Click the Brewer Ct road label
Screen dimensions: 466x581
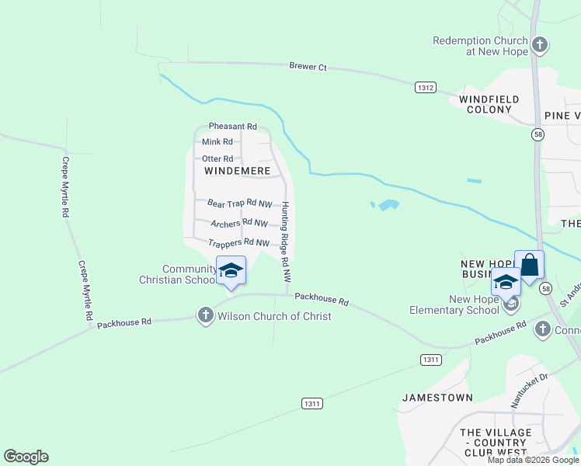click(308, 68)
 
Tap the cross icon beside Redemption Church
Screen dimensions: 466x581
click(541, 45)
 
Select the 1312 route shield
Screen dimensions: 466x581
click(425, 88)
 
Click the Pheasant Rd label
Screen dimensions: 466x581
click(232, 127)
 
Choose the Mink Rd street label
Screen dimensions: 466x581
click(217, 142)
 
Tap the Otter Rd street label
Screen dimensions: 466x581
click(217, 158)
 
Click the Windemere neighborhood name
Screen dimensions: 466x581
click(237, 170)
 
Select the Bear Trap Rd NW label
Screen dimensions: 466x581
click(239, 203)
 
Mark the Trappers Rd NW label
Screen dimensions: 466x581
click(239, 242)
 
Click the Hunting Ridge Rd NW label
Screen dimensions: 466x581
click(286, 242)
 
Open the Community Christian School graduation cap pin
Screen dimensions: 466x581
click(231, 271)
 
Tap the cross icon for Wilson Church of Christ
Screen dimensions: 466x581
click(205, 315)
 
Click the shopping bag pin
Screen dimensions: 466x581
click(529, 265)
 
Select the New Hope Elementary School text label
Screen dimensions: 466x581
click(454, 304)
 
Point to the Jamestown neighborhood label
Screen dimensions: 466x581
click(437, 398)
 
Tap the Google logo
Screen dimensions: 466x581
click(26, 457)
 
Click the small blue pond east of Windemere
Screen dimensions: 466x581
click(386, 205)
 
